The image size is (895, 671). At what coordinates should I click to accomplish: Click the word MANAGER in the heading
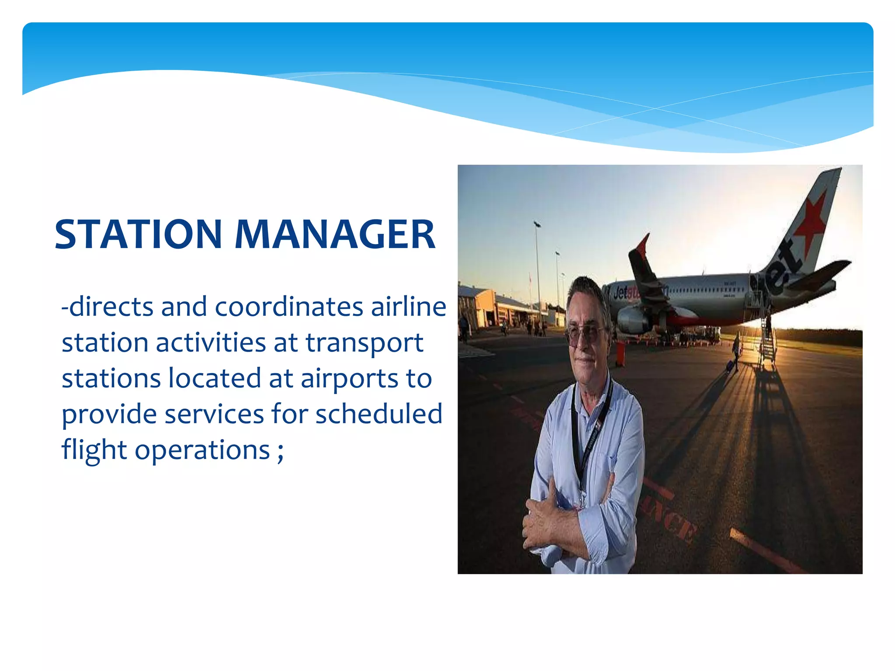click(335, 235)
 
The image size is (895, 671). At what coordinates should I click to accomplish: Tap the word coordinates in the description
click(289, 307)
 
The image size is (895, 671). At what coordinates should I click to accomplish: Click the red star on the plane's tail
click(811, 218)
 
